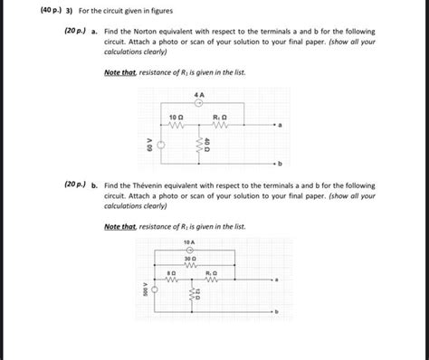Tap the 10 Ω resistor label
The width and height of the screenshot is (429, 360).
pyautogui.click(x=177, y=118)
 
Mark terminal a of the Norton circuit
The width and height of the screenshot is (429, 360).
pyautogui.click(x=281, y=127)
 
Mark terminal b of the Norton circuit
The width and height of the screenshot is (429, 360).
pyautogui.click(x=281, y=164)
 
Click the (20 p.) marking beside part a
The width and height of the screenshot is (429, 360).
pyautogui.click(x=75, y=32)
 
